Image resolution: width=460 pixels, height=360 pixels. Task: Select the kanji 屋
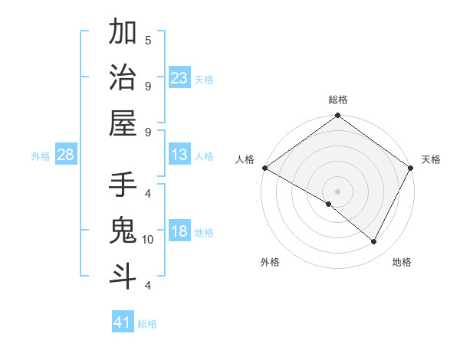[123, 123]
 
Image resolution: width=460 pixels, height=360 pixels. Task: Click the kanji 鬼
[123, 230]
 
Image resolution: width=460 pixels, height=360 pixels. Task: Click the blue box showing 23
[179, 78]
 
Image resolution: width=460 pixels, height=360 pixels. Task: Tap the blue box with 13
[179, 155]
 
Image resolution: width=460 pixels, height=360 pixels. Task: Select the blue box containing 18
[179, 232]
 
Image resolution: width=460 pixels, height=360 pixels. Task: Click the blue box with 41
[123, 322]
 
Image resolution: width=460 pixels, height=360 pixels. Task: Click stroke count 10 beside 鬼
[148, 240]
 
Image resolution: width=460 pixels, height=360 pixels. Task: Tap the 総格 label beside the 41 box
[147, 324]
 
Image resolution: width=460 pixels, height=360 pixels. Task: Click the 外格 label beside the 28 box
[41, 156]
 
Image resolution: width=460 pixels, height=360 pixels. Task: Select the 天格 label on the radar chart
[431, 159]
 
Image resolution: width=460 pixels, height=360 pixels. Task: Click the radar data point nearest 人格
[264, 168]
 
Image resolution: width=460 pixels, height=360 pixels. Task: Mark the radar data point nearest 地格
[374, 242]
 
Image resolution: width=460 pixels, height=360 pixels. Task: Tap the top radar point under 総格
[337, 116]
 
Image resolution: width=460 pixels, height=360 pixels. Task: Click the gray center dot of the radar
[337, 191]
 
